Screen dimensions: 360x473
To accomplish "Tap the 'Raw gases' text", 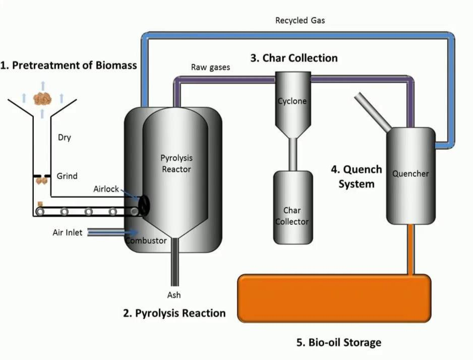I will (210, 67).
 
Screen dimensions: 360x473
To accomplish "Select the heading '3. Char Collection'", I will (294, 58).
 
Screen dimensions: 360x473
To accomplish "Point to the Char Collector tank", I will (292, 208).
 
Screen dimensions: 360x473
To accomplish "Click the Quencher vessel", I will (410, 174).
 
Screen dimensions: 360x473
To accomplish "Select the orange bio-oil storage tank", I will (334, 297).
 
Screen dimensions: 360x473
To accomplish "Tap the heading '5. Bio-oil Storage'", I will (338, 343).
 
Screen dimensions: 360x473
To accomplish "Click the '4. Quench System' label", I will (357, 176).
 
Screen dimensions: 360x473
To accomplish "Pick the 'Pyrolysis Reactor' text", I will (176, 164).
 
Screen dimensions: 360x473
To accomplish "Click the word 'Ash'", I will (174, 295).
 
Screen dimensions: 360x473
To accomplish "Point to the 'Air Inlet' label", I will (68, 232).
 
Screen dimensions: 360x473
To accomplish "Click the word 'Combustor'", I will (146, 241).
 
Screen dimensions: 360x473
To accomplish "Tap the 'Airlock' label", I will (106, 189).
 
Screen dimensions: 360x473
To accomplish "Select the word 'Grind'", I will (67, 176).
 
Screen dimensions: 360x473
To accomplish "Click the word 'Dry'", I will (65, 138).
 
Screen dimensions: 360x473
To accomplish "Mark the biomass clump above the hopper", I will (42, 99).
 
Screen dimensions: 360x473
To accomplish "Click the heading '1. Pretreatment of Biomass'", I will (69, 66).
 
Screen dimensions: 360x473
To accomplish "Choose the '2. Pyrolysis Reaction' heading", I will (174, 313).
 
